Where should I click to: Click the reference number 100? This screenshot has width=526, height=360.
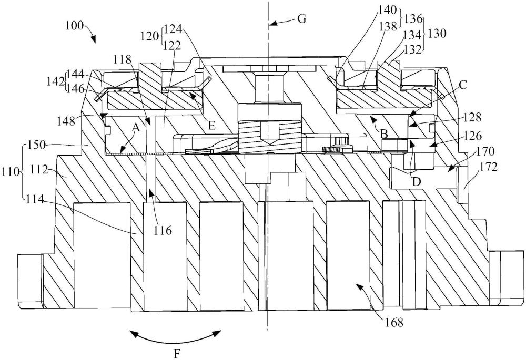point(75,26)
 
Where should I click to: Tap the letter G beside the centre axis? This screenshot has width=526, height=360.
point(302,19)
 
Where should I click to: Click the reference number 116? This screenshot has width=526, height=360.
point(163,230)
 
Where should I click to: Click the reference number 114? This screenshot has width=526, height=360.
point(35,200)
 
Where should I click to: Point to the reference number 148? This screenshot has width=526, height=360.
point(66,120)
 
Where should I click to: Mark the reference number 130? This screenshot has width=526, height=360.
point(437,34)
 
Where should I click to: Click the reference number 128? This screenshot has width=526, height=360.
point(472,117)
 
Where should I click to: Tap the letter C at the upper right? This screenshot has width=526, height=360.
point(463,85)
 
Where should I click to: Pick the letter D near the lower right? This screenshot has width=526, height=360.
point(416,181)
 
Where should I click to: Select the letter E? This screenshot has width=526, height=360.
point(211,126)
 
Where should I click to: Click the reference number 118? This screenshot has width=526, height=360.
point(122,60)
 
